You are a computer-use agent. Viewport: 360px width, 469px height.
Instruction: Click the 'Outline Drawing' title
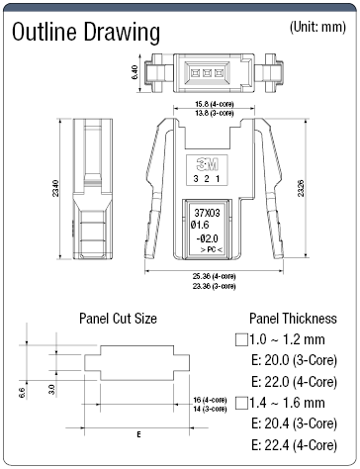(85, 33)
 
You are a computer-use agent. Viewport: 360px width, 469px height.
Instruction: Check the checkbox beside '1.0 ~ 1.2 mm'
(239, 338)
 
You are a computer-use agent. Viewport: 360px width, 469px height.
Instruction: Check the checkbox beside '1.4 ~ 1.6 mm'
(239, 402)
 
